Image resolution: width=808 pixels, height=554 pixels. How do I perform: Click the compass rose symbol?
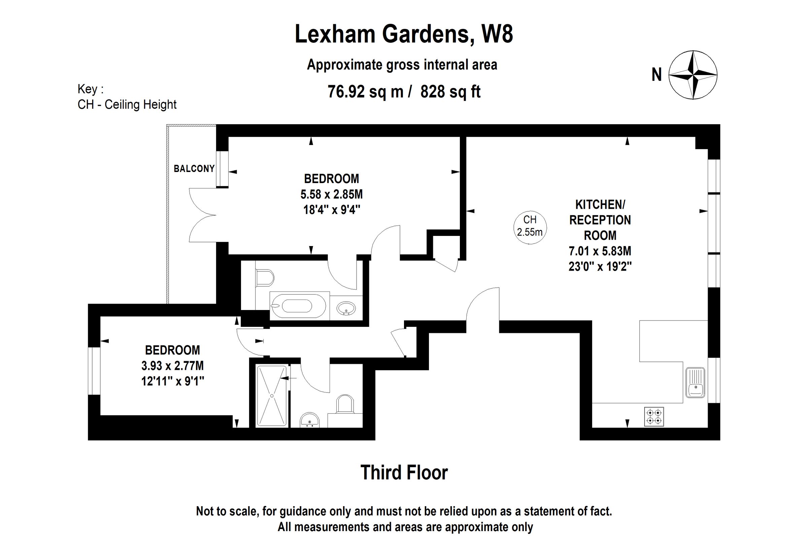693,75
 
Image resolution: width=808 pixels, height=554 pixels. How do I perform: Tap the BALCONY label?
194,169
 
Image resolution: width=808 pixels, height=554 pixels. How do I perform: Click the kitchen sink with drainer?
695,382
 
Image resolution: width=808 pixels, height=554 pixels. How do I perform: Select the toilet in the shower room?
345,405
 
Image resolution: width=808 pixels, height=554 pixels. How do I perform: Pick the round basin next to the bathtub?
346,308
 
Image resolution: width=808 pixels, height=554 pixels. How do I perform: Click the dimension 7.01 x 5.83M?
600,251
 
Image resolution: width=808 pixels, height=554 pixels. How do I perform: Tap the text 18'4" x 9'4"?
331,210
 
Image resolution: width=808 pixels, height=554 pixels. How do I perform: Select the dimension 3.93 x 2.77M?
172,366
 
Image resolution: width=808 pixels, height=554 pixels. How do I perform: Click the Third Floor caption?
404,473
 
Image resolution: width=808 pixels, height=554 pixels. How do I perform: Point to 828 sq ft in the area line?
450,92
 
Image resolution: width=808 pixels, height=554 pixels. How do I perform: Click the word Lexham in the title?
335,34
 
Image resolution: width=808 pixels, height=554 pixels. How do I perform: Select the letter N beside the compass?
656,75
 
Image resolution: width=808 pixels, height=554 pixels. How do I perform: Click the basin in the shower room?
309,420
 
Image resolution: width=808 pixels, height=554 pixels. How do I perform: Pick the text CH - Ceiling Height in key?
127,105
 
